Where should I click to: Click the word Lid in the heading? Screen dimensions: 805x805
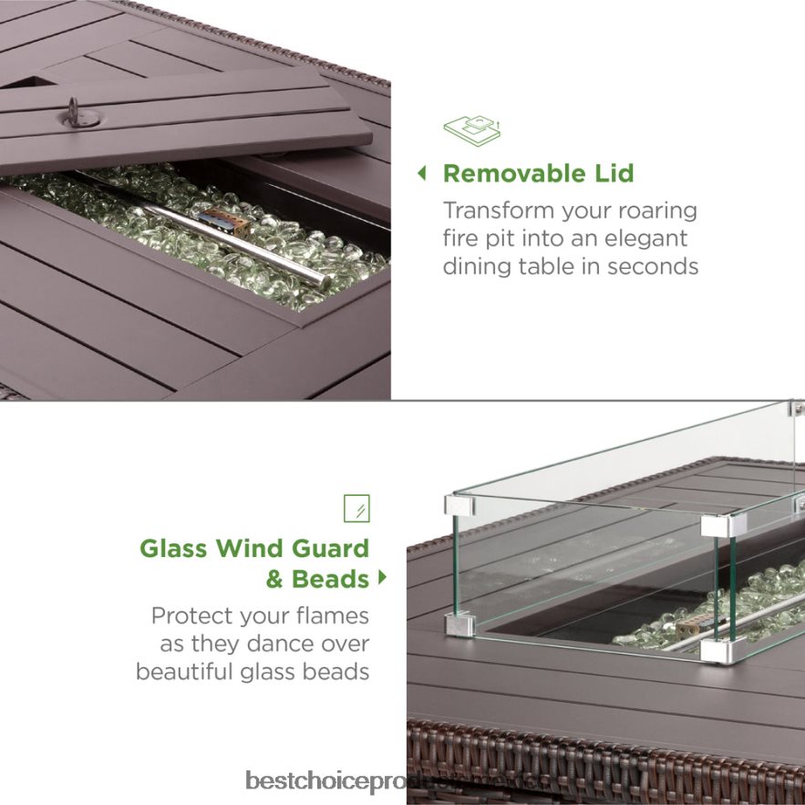[611, 173]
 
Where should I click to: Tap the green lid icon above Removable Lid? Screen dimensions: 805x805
[472, 131]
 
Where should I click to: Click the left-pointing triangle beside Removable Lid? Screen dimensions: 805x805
[422, 172]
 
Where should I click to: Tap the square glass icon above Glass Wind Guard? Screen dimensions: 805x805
[356, 508]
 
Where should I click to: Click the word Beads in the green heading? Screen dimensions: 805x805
[330, 579]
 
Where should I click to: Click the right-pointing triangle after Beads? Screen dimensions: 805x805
[382, 577]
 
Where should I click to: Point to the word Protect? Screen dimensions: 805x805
[193, 615]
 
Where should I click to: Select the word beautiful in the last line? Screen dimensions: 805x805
[187, 672]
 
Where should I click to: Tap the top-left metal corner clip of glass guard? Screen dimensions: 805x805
[458, 504]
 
